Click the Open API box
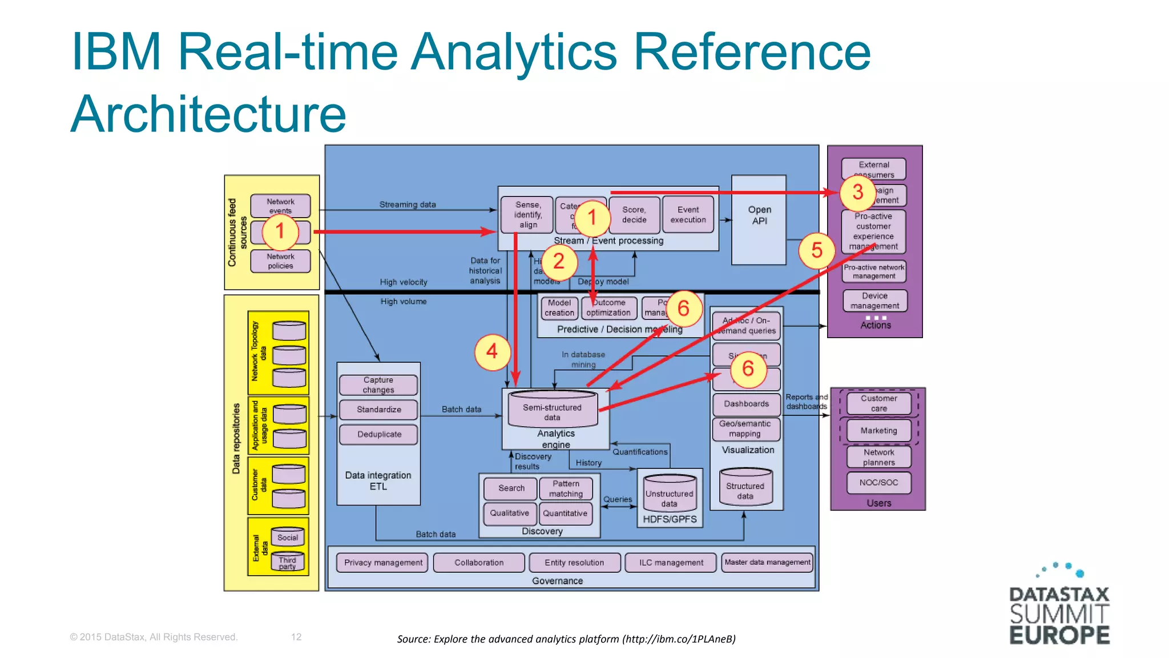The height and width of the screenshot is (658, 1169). pyautogui.click(x=759, y=220)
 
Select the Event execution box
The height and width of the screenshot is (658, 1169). pyautogui.click(x=688, y=215)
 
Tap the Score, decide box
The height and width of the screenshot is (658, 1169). pyautogui.click(x=634, y=215)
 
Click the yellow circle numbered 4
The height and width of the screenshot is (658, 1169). pyautogui.click(x=491, y=352)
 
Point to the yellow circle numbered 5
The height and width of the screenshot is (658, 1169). pyautogui.click(x=816, y=251)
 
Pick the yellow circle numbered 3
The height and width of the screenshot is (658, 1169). pyautogui.click(x=857, y=192)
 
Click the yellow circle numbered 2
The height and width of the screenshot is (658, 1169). pyautogui.click(x=558, y=262)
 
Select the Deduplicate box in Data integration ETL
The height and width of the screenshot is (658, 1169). pyautogui.click(x=379, y=435)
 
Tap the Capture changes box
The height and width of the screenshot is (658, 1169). pyautogui.click(x=378, y=385)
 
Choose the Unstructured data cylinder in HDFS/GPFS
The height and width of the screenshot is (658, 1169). pyautogui.click(x=669, y=494)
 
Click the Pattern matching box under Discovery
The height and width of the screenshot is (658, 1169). pyautogui.click(x=566, y=489)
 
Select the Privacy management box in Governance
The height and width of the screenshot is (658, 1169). pyautogui.click(x=383, y=563)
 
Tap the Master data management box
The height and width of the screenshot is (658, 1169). pyautogui.click(x=767, y=563)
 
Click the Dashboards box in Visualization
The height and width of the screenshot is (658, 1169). pyautogui.click(x=746, y=404)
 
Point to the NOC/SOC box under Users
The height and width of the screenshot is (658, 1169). pyautogui.click(x=878, y=483)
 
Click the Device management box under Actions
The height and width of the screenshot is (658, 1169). pyautogui.click(x=874, y=301)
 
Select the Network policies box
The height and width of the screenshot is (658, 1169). pyautogui.click(x=280, y=261)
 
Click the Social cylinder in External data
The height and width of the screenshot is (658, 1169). pyautogui.click(x=288, y=537)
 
